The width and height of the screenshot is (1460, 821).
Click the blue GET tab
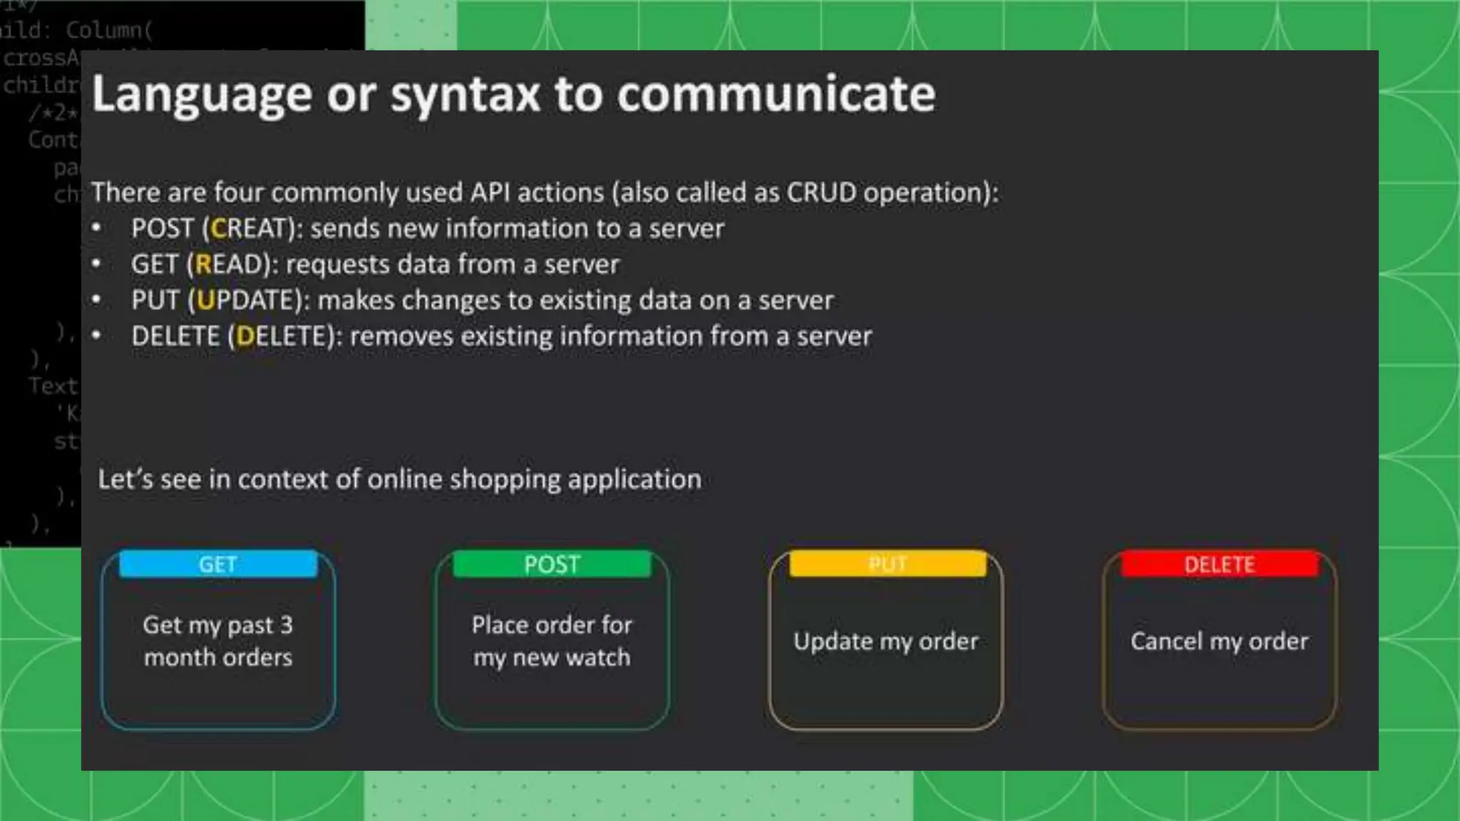[x=218, y=564]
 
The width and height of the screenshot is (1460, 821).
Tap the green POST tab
[x=552, y=564]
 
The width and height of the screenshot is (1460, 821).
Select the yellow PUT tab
[x=888, y=564]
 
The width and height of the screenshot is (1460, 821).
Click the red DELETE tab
[x=1219, y=564]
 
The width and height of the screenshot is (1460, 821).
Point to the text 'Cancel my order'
[x=1219, y=641]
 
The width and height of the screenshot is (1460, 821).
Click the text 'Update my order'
[x=885, y=641]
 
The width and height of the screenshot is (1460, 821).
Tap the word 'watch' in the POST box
[x=599, y=657]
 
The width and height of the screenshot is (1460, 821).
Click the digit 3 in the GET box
[x=286, y=625]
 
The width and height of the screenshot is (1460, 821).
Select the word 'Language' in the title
[x=202, y=94]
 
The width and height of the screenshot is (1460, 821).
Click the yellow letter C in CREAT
[x=218, y=229]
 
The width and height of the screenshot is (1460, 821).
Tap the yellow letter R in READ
[x=203, y=264]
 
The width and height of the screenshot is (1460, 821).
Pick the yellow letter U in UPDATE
[x=205, y=300]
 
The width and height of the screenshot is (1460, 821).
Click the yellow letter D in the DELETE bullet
[x=245, y=336]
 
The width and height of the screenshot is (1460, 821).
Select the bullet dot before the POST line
[x=96, y=229]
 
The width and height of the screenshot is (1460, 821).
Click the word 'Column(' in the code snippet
[x=109, y=30]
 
